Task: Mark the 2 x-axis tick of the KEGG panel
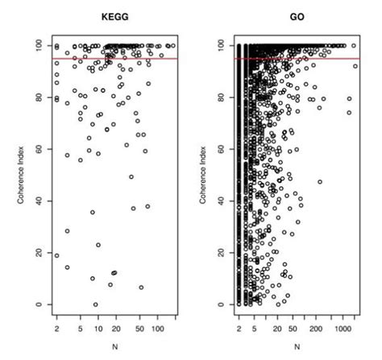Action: tap(56, 329)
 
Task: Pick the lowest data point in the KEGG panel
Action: tap(95, 304)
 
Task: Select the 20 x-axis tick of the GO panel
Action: tap(276, 329)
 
